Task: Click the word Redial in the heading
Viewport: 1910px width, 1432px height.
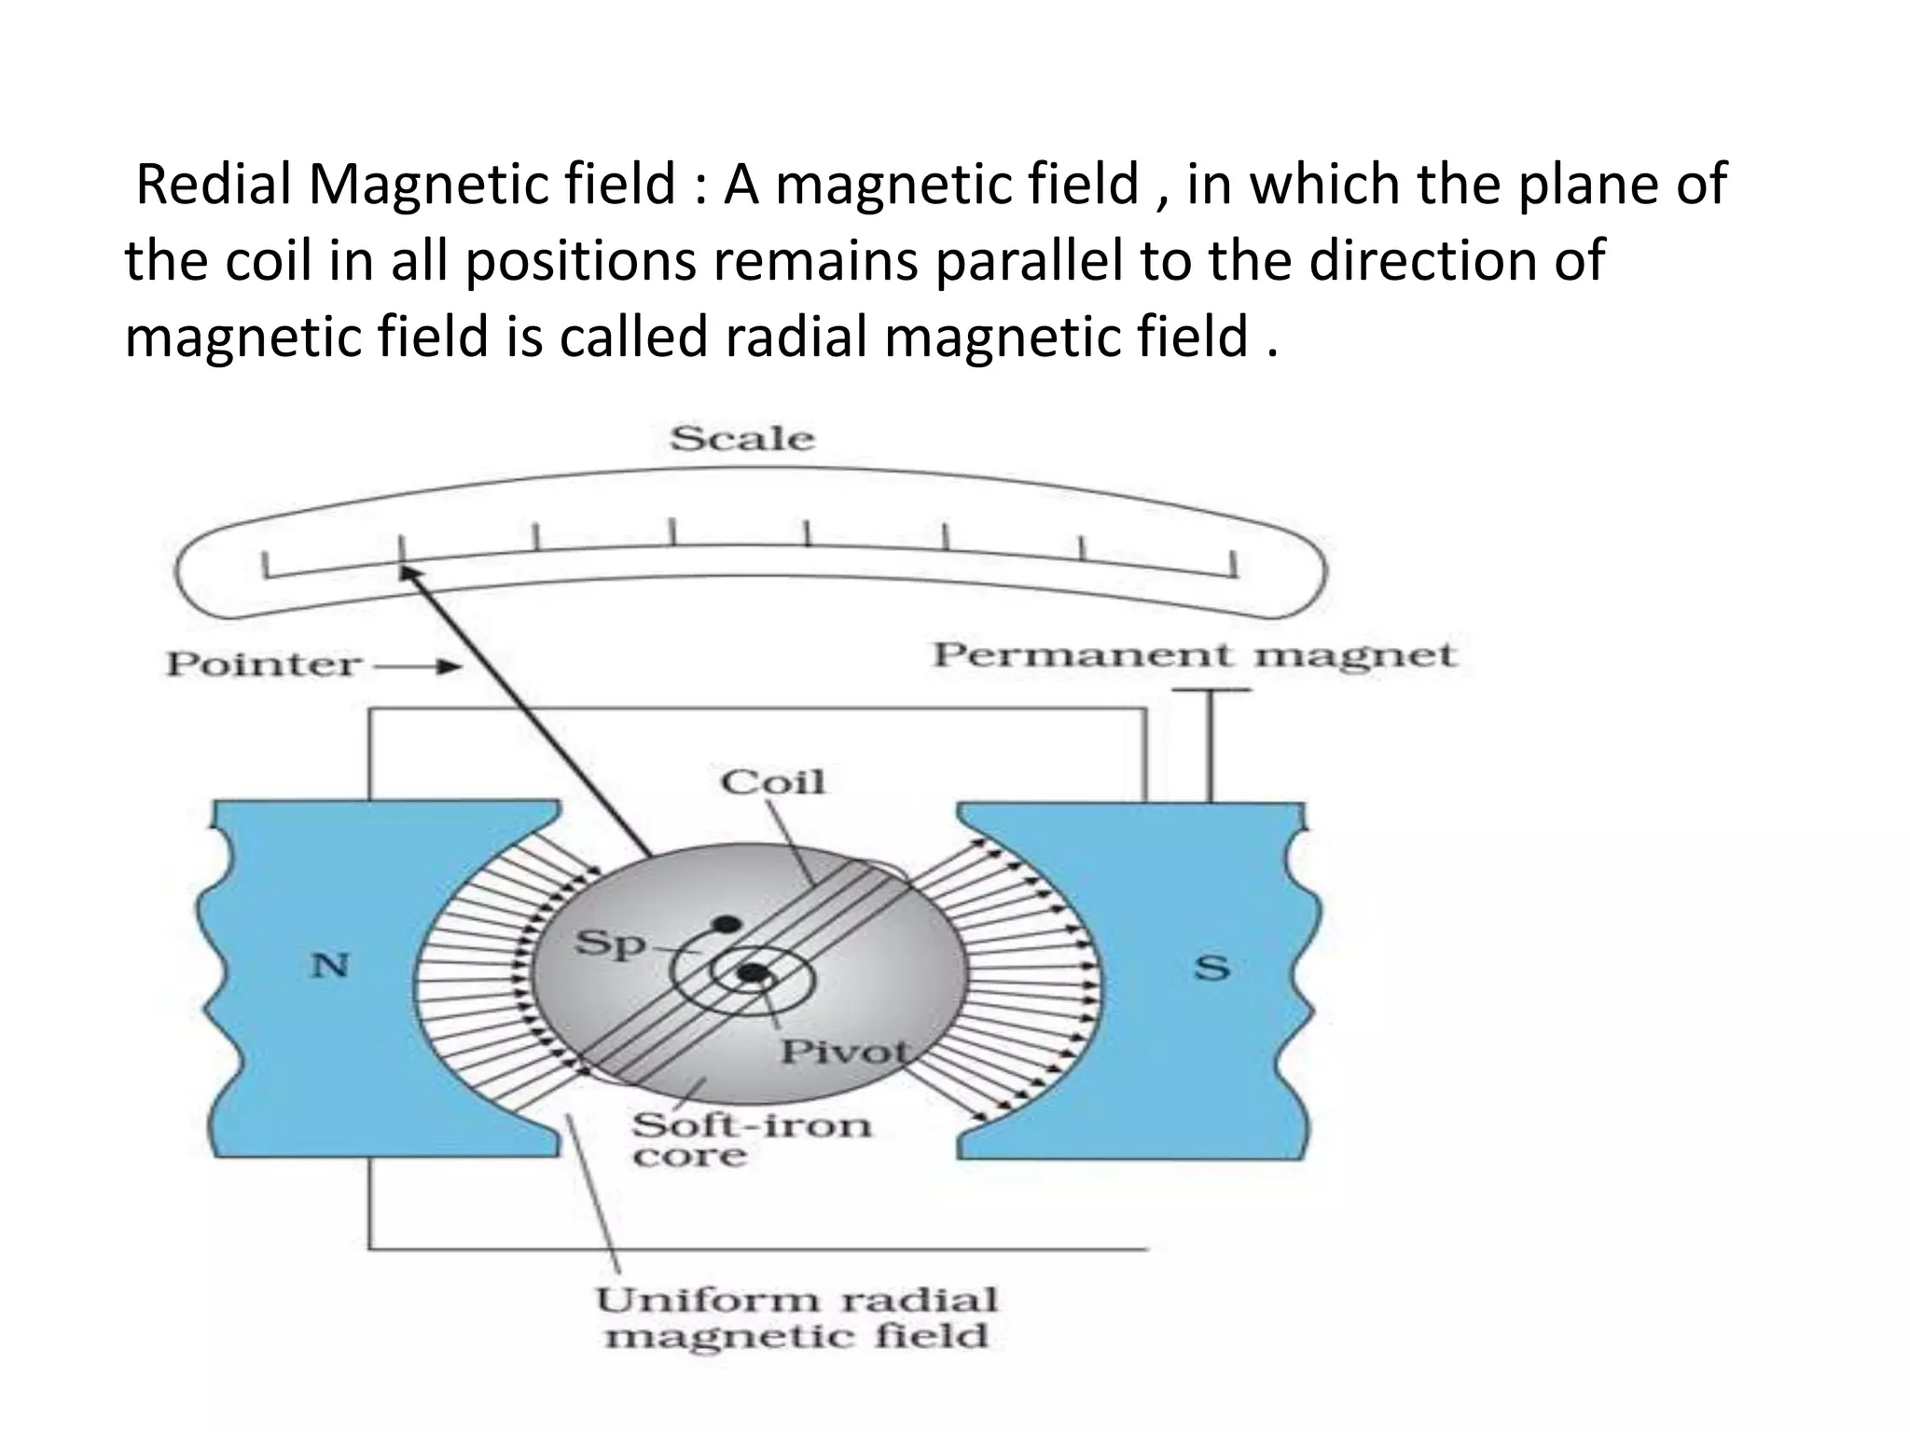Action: [x=214, y=184]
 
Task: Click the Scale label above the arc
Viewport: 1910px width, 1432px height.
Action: [x=742, y=438]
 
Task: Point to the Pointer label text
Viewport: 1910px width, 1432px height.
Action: [x=263, y=665]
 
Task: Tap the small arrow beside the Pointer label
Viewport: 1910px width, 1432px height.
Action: [x=419, y=666]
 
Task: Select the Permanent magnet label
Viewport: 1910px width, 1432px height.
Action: [x=1194, y=654]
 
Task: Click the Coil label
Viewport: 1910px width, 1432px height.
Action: [x=773, y=781]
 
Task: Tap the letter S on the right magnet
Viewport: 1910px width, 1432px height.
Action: [x=1211, y=968]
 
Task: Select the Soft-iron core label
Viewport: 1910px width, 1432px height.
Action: [x=751, y=1139]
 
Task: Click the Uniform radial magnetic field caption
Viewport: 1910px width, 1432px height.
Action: [x=796, y=1317]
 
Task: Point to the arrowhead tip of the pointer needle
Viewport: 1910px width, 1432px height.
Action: [x=405, y=568]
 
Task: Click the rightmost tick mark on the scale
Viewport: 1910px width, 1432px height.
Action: [x=1233, y=565]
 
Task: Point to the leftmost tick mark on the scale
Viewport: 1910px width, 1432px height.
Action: [x=266, y=566]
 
